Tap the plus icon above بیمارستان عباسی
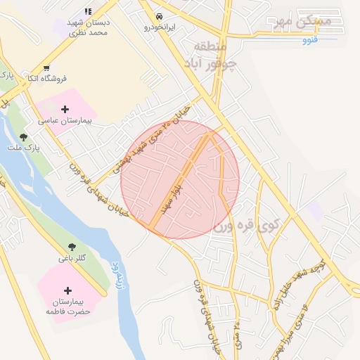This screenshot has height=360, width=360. [65, 109]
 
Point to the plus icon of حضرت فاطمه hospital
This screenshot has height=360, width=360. [67, 290]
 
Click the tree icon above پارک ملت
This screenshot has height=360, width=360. [24, 137]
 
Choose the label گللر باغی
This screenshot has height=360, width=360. [72, 258]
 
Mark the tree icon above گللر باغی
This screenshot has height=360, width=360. [72, 247]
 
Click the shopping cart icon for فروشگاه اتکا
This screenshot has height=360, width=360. [46, 69]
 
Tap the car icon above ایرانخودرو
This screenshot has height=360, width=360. [160, 15]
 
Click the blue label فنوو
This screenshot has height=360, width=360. [310, 40]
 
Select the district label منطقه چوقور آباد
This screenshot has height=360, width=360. [214, 56]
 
